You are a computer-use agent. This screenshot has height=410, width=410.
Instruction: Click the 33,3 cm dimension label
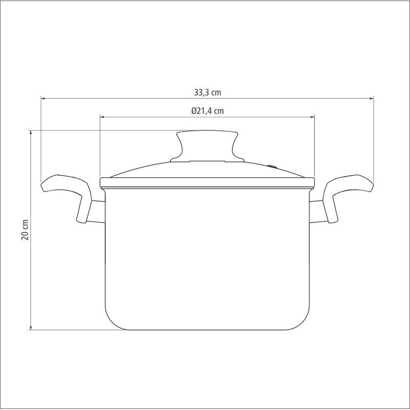(208, 92)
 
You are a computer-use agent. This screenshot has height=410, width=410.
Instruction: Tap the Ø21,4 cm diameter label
(208, 111)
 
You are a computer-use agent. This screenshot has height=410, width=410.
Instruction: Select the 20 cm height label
(25, 230)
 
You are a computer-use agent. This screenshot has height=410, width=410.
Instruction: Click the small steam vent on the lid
(272, 166)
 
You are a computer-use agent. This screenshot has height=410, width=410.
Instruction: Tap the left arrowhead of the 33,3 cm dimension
(44, 98)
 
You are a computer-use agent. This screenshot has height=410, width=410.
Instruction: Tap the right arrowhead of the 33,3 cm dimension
(371, 98)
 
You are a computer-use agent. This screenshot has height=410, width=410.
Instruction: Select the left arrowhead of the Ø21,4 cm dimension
(102, 117)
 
